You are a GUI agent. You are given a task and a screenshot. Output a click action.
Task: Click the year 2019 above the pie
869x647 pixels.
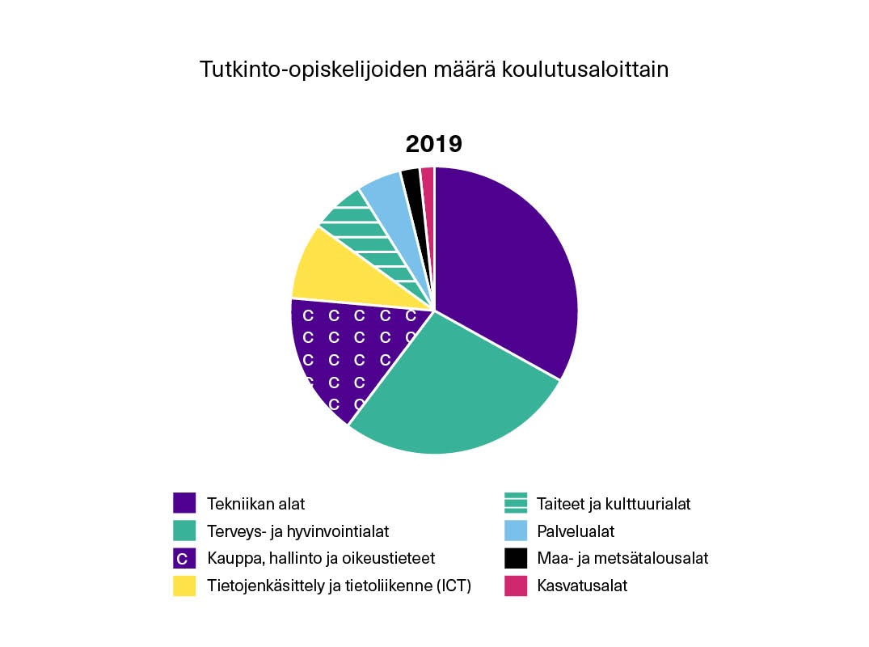[x=433, y=144]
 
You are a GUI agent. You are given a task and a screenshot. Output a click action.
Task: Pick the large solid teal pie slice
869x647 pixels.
[x=453, y=388]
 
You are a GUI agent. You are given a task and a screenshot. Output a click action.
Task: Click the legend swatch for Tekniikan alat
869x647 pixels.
[x=184, y=503]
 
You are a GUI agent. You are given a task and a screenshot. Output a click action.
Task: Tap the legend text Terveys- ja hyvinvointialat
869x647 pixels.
[x=297, y=531]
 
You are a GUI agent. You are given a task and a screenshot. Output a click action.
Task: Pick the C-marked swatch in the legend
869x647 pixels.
[x=184, y=558]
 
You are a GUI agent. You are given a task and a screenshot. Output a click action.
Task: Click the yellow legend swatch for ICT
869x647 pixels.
[x=184, y=586]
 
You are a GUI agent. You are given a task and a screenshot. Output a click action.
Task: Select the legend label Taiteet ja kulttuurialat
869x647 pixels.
[x=614, y=504]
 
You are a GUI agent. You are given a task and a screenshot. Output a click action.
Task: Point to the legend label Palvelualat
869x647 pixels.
[x=576, y=531]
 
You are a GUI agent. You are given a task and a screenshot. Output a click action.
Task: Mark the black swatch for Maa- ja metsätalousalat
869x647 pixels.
[x=516, y=558]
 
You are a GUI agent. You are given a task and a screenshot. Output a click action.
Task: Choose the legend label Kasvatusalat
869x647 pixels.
[x=582, y=586]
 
